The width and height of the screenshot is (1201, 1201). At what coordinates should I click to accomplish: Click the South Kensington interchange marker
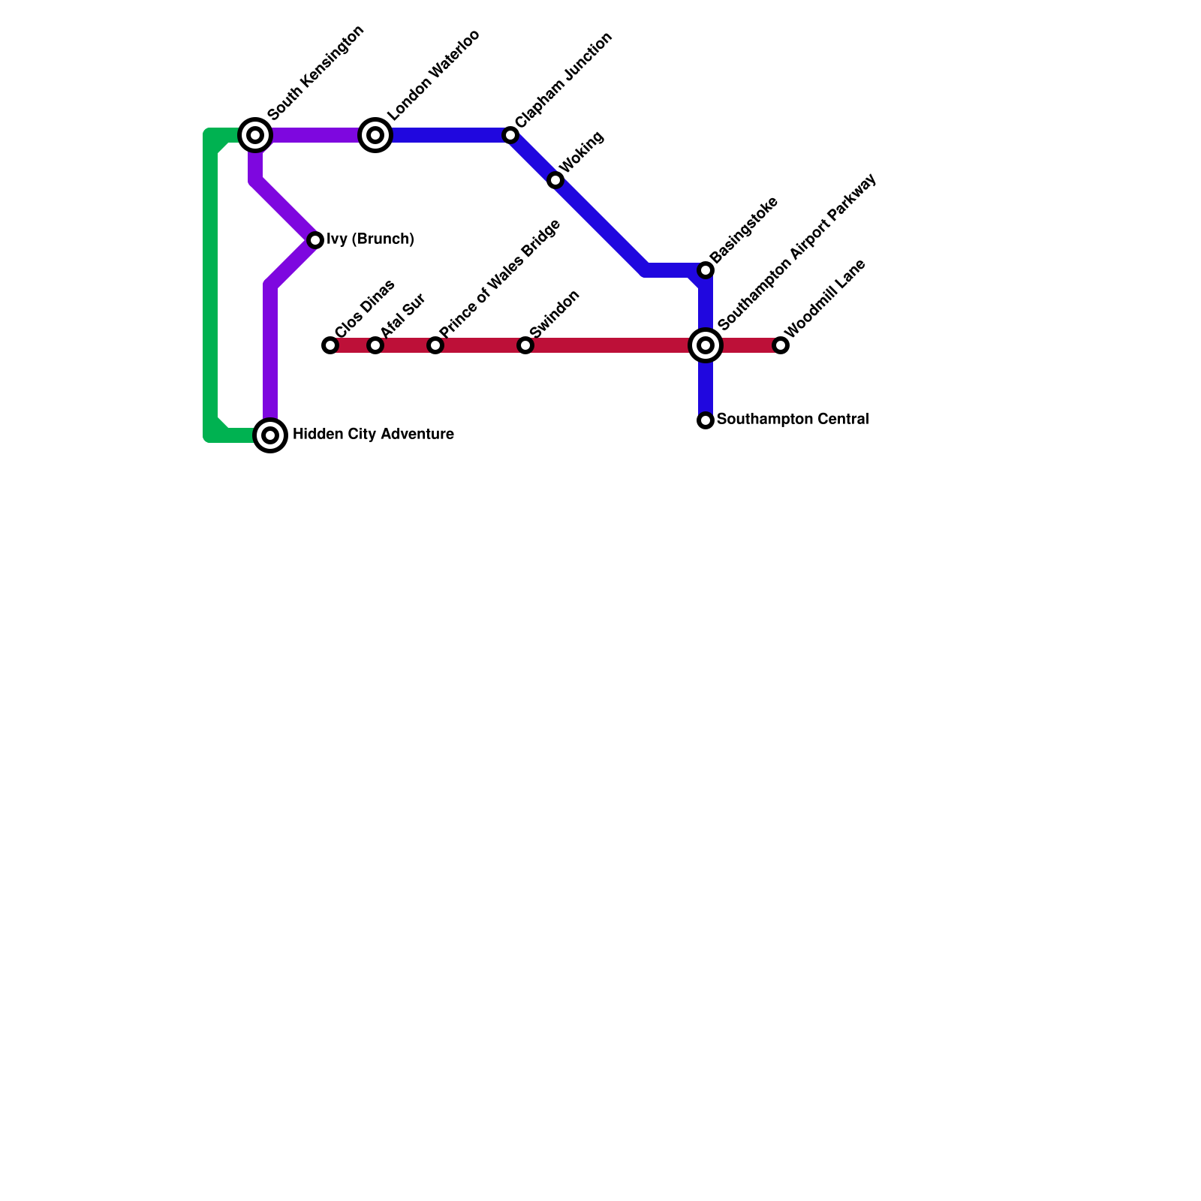[x=255, y=135]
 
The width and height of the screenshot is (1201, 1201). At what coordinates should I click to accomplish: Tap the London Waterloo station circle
[x=375, y=135]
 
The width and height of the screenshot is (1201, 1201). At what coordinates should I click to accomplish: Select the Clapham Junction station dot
[x=510, y=135]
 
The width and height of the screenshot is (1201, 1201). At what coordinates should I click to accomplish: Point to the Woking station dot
[x=555, y=180]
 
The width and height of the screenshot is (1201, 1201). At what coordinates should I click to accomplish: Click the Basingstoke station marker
[x=706, y=270]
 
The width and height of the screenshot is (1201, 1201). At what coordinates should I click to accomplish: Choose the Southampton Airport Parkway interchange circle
[x=706, y=345]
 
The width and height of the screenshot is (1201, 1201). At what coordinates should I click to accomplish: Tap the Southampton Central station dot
[x=706, y=420]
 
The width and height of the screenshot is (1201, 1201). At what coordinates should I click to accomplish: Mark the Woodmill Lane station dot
[x=781, y=345]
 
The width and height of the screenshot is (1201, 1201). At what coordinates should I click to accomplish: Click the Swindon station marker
[x=525, y=345]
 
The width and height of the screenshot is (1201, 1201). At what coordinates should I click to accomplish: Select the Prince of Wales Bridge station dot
[x=435, y=345]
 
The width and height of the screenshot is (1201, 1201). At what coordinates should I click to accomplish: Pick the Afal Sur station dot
[x=375, y=345]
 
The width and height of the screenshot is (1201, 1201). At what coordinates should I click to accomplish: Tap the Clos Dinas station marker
[x=330, y=345]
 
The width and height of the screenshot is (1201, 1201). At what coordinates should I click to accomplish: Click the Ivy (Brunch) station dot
[x=315, y=240]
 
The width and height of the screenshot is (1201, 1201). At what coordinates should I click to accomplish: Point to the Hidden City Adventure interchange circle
[x=270, y=435]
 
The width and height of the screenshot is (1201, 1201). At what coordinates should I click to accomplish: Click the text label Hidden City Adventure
[x=373, y=435]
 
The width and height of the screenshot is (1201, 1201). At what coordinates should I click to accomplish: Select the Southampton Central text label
[x=793, y=420]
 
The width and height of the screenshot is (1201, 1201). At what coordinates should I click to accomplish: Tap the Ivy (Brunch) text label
[x=371, y=239]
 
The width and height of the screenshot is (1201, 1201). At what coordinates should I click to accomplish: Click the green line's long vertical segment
[x=210, y=285]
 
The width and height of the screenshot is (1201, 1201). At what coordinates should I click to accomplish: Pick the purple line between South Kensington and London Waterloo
[x=315, y=135]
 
